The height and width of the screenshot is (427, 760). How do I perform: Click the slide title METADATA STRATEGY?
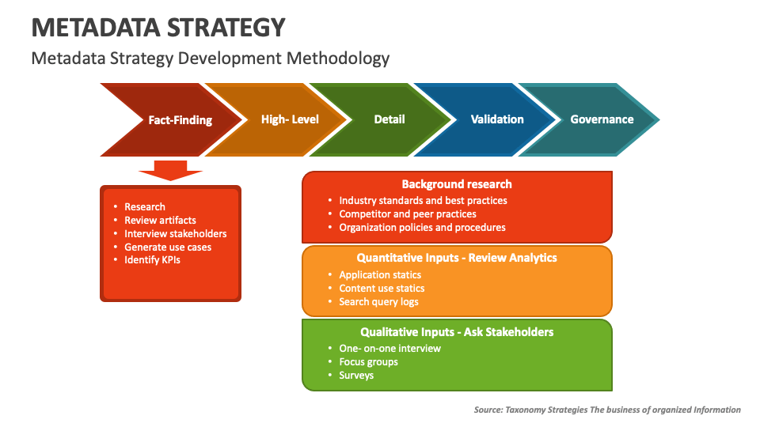(x=158, y=28)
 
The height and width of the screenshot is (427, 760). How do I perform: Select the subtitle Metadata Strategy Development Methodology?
(x=211, y=58)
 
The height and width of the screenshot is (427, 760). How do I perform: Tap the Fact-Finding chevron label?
(x=180, y=120)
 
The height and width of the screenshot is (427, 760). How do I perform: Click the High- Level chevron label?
(x=290, y=119)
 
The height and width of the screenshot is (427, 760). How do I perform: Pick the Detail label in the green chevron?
(x=389, y=119)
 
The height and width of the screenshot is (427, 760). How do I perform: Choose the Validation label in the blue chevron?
(x=497, y=119)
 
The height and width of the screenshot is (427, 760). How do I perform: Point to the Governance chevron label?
(x=602, y=119)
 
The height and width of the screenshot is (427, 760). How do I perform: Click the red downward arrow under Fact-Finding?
(x=170, y=170)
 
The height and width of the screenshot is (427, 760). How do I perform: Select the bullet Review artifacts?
(x=160, y=220)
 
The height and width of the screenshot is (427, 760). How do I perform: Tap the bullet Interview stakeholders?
(x=175, y=233)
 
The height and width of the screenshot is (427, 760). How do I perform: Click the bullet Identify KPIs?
(x=152, y=259)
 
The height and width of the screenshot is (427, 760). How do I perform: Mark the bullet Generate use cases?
(x=167, y=247)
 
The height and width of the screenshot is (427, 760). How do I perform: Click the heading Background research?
(x=457, y=184)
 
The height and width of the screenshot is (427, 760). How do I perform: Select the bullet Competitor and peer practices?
(x=408, y=213)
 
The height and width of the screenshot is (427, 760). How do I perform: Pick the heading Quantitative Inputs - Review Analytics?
(x=457, y=258)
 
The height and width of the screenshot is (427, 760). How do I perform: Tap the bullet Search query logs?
(x=378, y=301)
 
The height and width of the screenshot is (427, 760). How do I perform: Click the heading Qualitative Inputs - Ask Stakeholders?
(x=457, y=332)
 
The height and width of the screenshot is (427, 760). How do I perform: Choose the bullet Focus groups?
(x=368, y=361)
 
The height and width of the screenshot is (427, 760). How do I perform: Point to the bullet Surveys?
(x=356, y=375)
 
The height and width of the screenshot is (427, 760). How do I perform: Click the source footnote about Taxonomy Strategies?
(x=607, y=410)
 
